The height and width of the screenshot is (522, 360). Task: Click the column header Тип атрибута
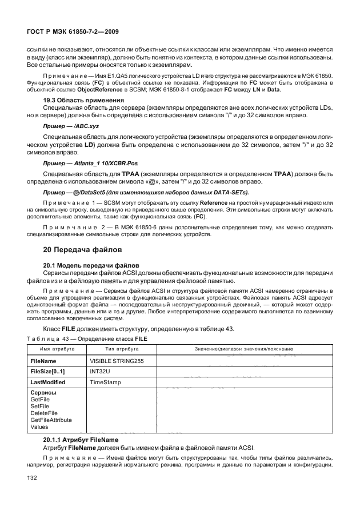click(120, 349)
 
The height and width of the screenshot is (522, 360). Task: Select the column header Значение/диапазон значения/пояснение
click(244, 349)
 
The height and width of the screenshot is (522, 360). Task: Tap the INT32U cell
click(101, 372)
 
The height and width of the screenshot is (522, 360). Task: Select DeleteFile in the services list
click(44, 413)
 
